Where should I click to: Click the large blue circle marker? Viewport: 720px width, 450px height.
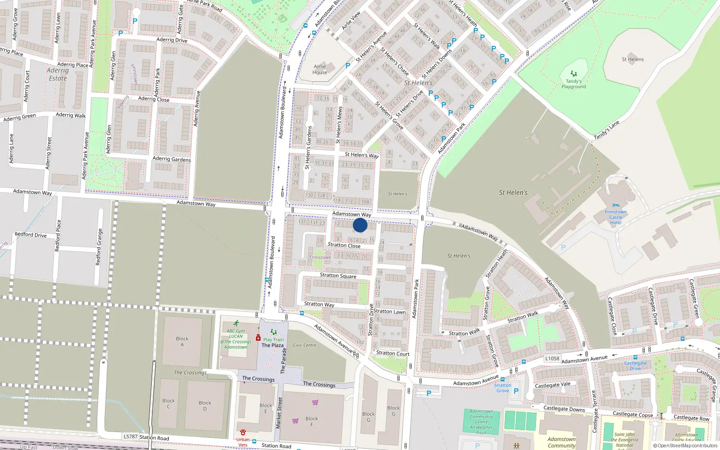pos(360,225)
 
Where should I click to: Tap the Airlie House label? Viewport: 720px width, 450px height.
pos(319,69)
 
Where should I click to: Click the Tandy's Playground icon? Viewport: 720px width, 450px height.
pos(573,73)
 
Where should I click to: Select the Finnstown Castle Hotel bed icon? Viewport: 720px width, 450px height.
pos(616,205)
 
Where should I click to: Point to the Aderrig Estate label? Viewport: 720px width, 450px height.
pos(58,74)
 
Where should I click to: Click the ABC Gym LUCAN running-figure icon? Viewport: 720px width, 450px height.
pos(236,324)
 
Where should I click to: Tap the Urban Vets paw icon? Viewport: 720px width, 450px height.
pos(243,432)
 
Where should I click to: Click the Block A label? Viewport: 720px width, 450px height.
pos(182,342)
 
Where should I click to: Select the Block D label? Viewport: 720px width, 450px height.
pos(205,406)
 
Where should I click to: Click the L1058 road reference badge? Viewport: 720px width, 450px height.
pos(552,358)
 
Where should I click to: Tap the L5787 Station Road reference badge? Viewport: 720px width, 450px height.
pos(130,436)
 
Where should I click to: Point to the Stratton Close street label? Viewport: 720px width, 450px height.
pos(344,245)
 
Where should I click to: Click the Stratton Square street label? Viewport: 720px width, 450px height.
pos(338,275)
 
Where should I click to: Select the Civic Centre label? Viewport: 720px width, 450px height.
pos(305,345)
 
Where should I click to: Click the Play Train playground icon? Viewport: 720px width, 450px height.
pos(274,333)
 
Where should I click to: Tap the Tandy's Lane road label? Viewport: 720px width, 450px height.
pos(607,130)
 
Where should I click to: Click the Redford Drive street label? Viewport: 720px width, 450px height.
pos(31,234)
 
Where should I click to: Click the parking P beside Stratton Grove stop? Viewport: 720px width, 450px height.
pos(516,391)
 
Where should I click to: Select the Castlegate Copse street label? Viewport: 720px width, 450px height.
pos(633,414)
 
